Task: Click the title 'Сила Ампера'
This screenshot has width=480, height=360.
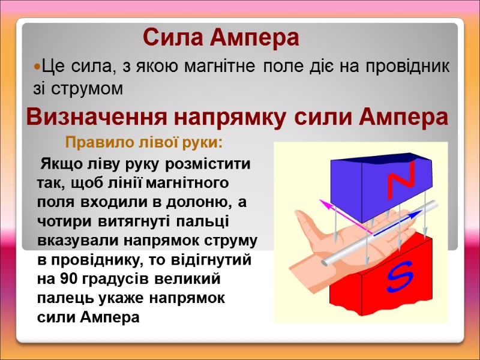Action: coord(221,38)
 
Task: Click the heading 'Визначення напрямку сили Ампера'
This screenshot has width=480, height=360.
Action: coord(237,117)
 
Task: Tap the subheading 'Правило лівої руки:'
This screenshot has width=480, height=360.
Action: coord(144,144)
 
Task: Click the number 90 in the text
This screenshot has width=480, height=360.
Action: coord(68,279)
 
